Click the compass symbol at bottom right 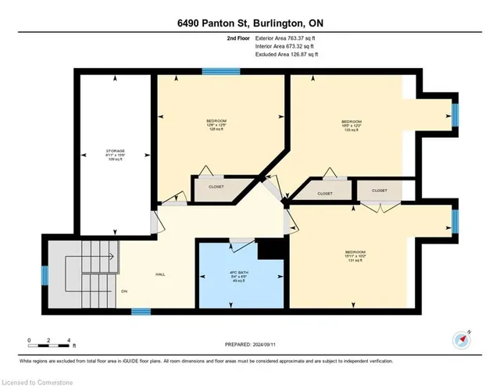point(459,339)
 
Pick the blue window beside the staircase point(45,275)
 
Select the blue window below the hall point(141,312)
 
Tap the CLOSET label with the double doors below point(379,190)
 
